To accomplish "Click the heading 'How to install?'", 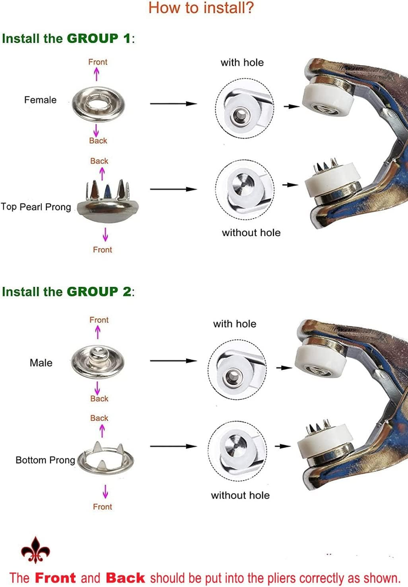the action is tap(201, 8).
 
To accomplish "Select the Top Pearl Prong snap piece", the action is tap(108, 201).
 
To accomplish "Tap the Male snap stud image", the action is tap(97, 362).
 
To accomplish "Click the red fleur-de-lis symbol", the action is tap(36, 550).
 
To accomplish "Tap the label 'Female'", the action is tap(41, 100).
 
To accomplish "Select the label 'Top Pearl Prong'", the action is tap(36, 207).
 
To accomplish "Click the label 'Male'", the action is tap(41, 363).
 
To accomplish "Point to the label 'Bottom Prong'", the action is tap(45, 460).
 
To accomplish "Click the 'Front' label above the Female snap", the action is tap(97, 62).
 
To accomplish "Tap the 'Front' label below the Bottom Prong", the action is tap(103, 507).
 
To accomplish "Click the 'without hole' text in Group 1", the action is tap(251, 233).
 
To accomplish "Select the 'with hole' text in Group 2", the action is tap(235, 324).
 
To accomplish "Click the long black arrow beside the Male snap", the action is tap(173, 361).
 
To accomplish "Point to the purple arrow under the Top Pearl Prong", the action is tap(105, 234).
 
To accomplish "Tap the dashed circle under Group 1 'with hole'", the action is tap(215, 109).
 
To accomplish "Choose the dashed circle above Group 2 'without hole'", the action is tap(208, 451).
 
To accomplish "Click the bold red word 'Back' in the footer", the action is tap(126, 578).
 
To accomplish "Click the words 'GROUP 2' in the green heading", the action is tap(99, 292).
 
